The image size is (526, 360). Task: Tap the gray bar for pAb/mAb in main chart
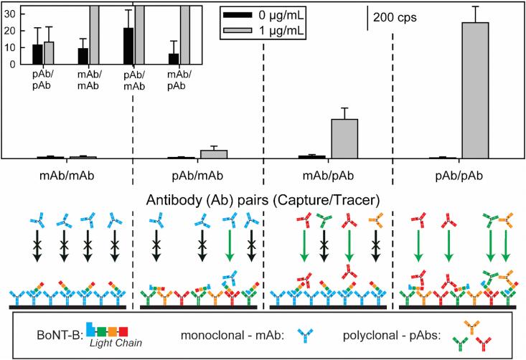[214, 153]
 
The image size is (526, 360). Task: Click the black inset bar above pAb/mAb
[128, 47]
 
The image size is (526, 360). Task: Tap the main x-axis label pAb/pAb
[460, 174]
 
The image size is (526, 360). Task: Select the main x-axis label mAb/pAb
[329, 174]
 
